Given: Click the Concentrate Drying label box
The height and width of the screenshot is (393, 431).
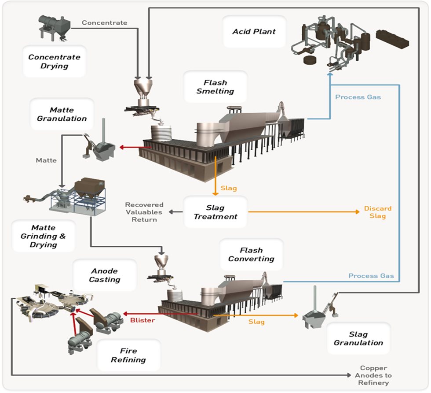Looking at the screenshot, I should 54,62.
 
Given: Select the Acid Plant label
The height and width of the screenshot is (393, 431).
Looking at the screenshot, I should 254,32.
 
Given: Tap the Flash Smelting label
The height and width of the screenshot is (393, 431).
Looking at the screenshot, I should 215,87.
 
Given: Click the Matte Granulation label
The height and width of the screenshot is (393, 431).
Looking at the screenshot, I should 62,114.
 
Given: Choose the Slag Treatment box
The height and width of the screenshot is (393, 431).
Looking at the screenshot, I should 215,212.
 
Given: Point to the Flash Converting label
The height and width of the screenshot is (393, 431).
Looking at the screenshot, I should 251,255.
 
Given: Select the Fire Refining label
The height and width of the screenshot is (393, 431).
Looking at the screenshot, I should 128,355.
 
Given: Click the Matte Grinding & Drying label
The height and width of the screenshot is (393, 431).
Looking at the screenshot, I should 43,236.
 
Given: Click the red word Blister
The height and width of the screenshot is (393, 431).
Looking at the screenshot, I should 142,320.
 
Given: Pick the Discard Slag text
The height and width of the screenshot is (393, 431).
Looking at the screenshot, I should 378,212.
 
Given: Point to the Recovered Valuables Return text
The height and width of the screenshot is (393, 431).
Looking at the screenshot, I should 144,212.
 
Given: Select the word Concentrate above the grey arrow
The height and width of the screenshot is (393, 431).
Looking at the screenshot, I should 104,22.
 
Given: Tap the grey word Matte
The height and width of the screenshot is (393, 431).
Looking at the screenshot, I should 46,160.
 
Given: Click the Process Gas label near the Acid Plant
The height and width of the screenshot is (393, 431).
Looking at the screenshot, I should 358,97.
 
